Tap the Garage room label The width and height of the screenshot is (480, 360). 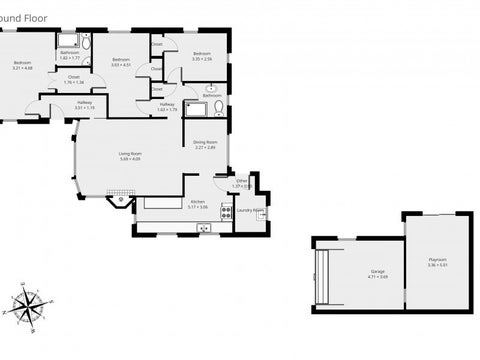click(377, 273)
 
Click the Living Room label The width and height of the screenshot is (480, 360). click(130, 156)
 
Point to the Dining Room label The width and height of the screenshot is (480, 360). click(206, 144)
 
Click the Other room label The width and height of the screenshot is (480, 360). click(241, 183)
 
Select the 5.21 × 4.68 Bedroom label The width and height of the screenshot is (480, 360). click(22, 65)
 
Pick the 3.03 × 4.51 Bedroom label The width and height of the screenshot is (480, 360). click(121, 63)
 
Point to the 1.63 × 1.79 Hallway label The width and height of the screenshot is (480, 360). click(166, 106)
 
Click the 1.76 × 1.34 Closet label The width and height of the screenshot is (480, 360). click(73, 79)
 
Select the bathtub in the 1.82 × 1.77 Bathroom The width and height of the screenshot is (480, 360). click(70, 40)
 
